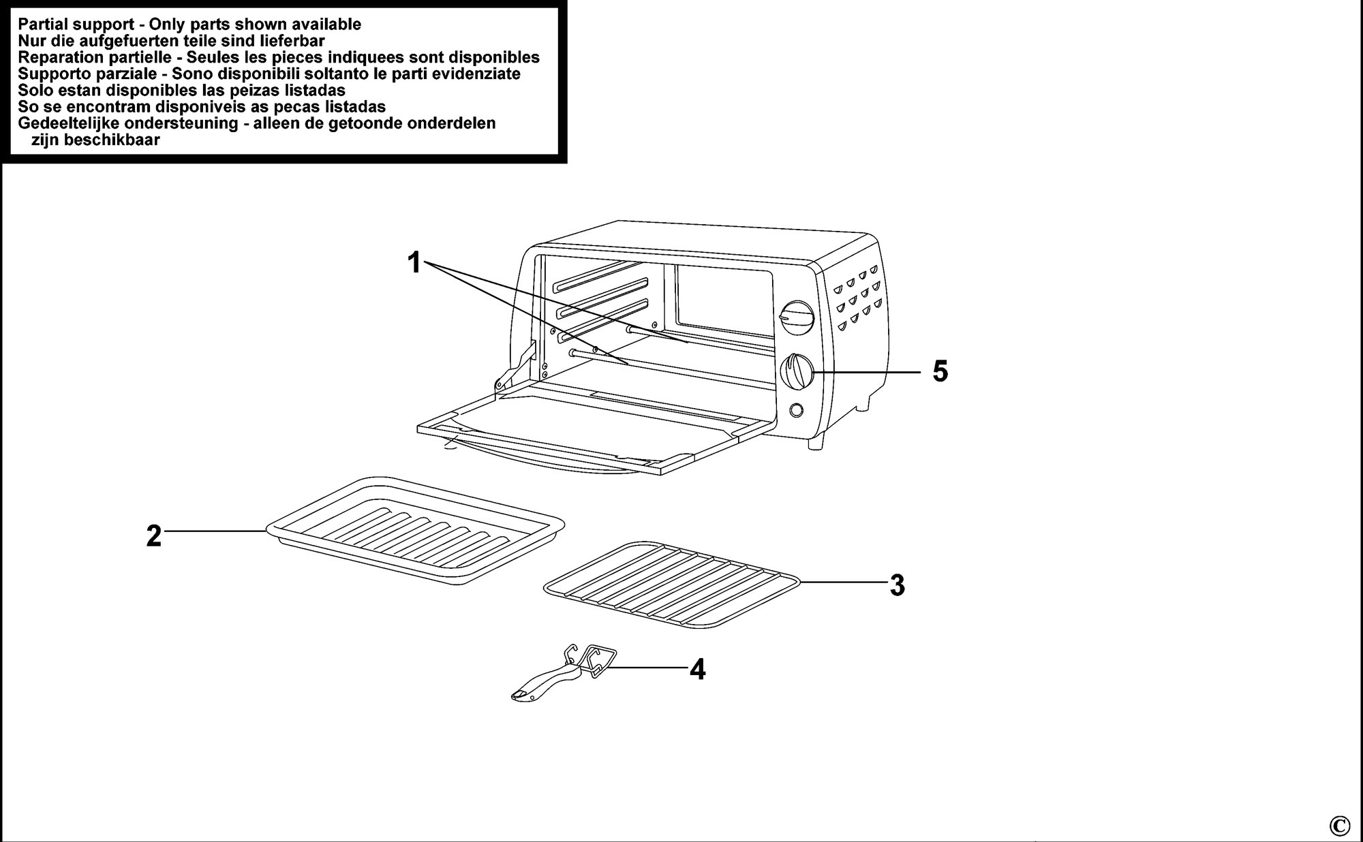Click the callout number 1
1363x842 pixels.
pyautogui.click(x=414, y=262)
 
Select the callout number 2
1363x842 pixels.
pyautogui.click(x=154, y=536)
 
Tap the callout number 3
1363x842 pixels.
pyautogui.click(x=898, y=585)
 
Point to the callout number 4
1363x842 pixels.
pyautogui.click(x=697, y=670)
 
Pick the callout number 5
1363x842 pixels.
pyautogui.click(x=940, y=372)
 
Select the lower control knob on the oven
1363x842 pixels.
pyautogui.click(x=797, y=372)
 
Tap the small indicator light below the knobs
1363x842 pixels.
pyautogui.click(x=795, y=410)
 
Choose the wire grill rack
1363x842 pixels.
pyautogui.click(x=673, y=584)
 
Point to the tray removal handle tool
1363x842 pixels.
pyautogui.click(x=564, y=672)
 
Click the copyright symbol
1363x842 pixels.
pyautogui.click(x=1339, y=826)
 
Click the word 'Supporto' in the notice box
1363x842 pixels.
pyautogui.click(x=50, y=74)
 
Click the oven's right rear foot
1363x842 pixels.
pyautogui.click(x=863, y=404)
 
